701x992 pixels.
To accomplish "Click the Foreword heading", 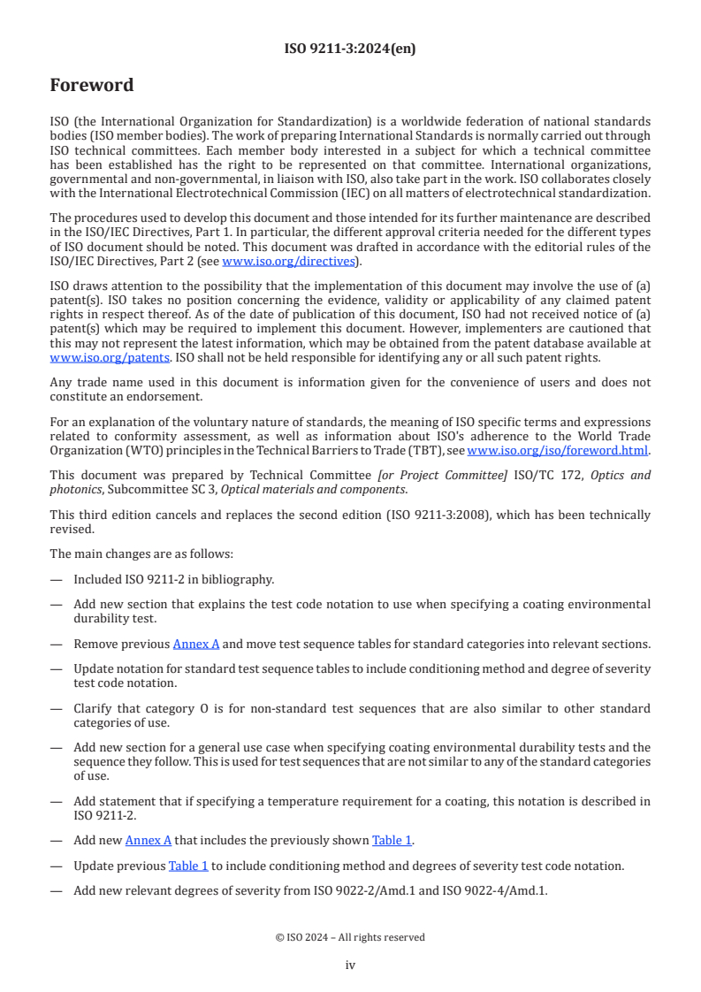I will point(92,86).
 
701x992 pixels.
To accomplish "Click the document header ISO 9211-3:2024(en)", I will point(350,50).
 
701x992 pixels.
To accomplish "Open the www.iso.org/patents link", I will point(85,357).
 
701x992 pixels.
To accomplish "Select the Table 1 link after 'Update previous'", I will point(188,866).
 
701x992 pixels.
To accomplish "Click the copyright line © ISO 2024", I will point(350,937).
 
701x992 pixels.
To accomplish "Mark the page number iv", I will point(350,965).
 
